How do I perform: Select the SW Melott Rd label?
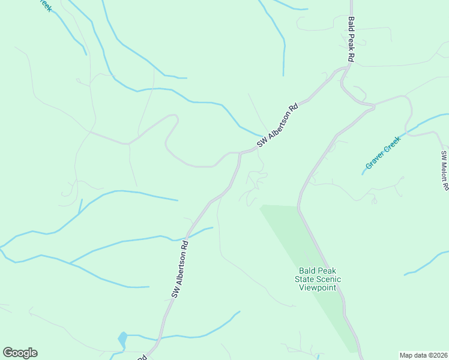click(445, 170)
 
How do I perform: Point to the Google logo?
click(20, 353)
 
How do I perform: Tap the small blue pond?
click(122, 340)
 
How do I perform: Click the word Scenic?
click(329, 279)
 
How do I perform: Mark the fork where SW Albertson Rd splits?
click(240, 153)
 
